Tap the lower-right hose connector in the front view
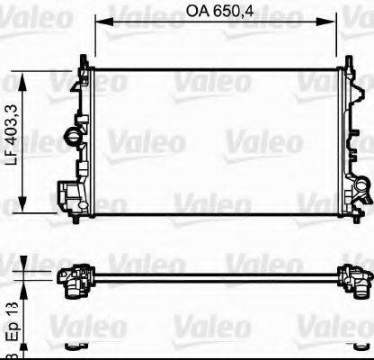(361, 191)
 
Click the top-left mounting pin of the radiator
(85, 58)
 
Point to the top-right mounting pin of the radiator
(344, 58)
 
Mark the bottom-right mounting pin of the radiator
(346, 218)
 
